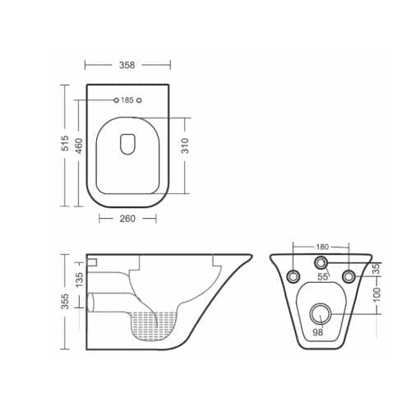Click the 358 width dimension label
click(127, 65)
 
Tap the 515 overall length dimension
click(65, 143)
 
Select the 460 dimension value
click(79, 146)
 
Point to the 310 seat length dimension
click(185, 146)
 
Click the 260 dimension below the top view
click(127, 219)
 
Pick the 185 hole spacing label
click(127, 100)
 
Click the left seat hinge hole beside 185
click(116, 100)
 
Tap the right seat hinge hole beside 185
click(139, 100)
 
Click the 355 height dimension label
click(65, 302)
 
